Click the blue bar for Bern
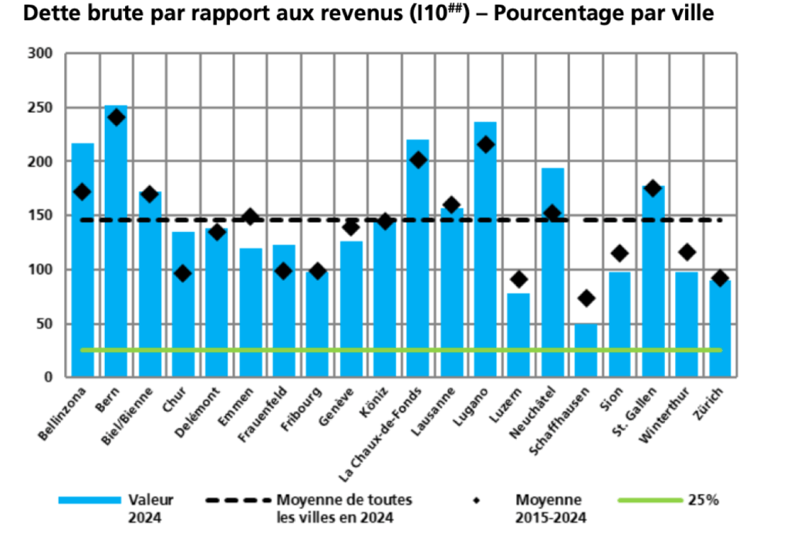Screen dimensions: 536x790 (116, 247)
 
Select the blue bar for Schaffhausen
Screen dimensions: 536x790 (586, 351)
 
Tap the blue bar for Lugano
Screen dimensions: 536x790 (485, 255)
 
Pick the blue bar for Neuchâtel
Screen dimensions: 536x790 (552, 270)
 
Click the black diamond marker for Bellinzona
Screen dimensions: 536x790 (83, 191)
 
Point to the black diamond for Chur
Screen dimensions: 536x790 (183, 274)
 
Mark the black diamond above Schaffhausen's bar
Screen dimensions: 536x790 (586, 298)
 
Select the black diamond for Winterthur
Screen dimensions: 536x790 (687, 251)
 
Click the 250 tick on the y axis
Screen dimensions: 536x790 (39, 108)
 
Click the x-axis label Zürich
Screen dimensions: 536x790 (711, 399)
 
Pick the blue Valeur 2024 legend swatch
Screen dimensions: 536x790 (89, 501)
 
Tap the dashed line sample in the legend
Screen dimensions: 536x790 (238, 501)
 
